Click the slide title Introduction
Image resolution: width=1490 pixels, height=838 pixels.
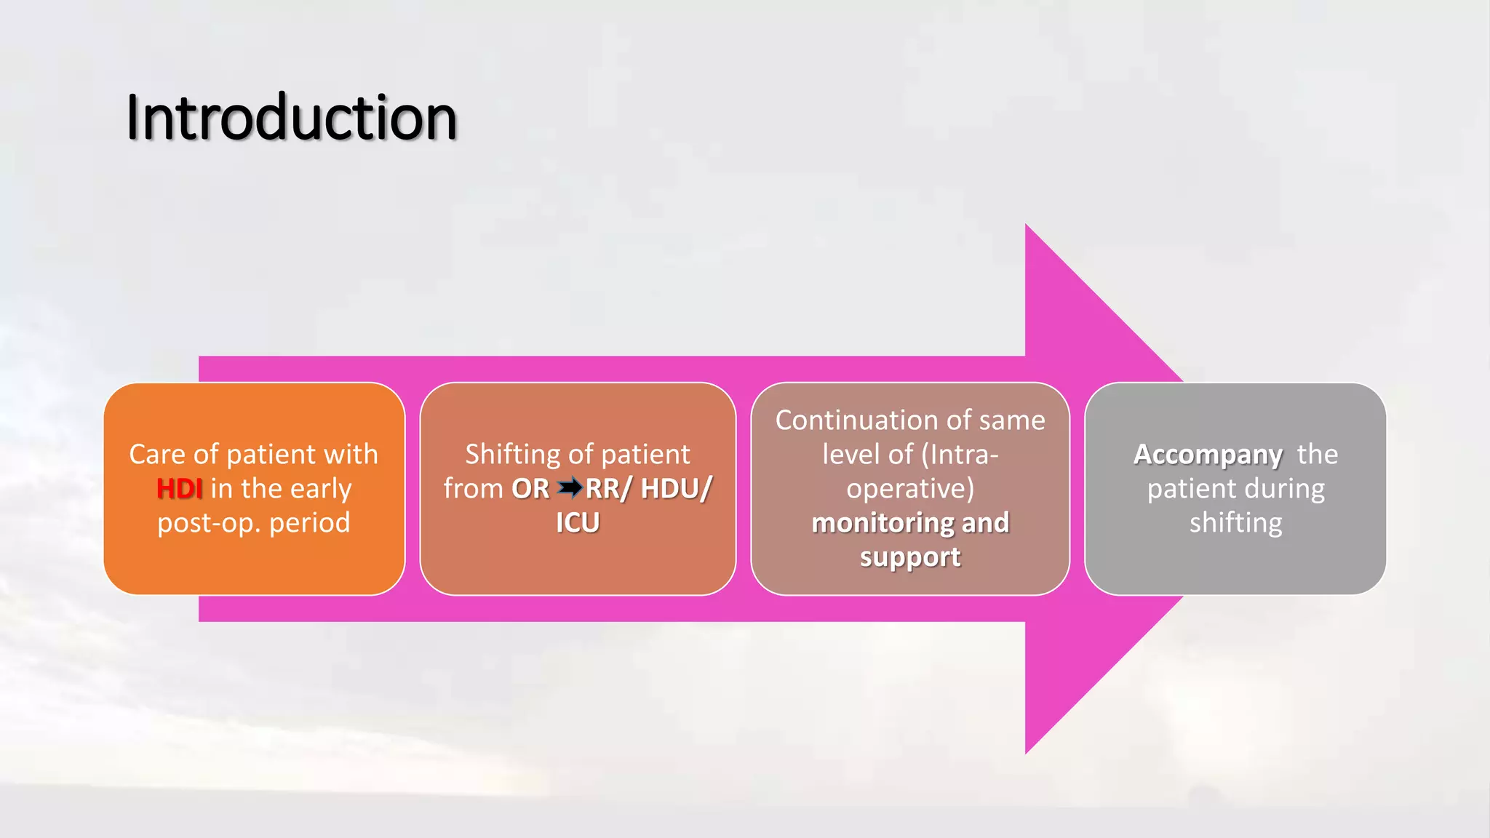coord(291,117)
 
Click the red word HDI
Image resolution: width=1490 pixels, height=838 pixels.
coord(179,489)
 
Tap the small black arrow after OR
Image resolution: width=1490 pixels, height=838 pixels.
coord(570,487)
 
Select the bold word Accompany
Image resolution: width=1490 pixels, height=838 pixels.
coord(1208,455)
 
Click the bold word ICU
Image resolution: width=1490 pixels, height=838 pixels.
coord(578,523)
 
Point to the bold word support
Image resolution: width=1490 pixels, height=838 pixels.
coord(910,557)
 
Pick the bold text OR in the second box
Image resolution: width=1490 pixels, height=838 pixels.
coord(530,489)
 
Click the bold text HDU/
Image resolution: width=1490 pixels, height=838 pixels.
coord(676,489)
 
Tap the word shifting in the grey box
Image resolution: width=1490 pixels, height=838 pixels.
coord(1235,523)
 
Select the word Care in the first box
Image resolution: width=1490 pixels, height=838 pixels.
coord(157,455)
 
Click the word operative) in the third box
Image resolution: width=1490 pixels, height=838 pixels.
coord(910,489)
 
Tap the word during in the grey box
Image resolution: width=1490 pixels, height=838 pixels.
coord(1284,489)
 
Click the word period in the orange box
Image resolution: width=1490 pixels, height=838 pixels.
coord(310,523)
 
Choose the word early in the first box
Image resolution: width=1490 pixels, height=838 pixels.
coord(319,489)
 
